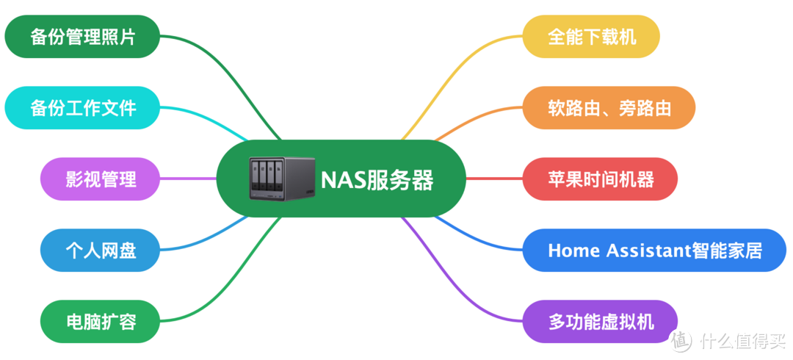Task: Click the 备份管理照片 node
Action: (x=82, y=37)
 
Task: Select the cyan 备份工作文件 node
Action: (x=82, y=108)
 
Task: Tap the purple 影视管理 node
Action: (x=100, y=179)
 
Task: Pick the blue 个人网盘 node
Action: (x=100, y=250)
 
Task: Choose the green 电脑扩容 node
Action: (x=100, y=321)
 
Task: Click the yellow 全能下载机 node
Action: (x=591, y=37)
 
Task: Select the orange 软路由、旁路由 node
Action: (x=609, y=108)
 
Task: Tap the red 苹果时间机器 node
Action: (x=600, y=179)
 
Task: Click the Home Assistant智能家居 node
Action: (x=654, y=250)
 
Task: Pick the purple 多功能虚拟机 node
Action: (x=600, y=321)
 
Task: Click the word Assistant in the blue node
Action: (x=648, y=251)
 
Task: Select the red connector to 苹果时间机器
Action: (x=493, y=179)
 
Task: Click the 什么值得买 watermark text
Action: (x=742, y=340)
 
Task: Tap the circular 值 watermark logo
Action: (x=681, y=339)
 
